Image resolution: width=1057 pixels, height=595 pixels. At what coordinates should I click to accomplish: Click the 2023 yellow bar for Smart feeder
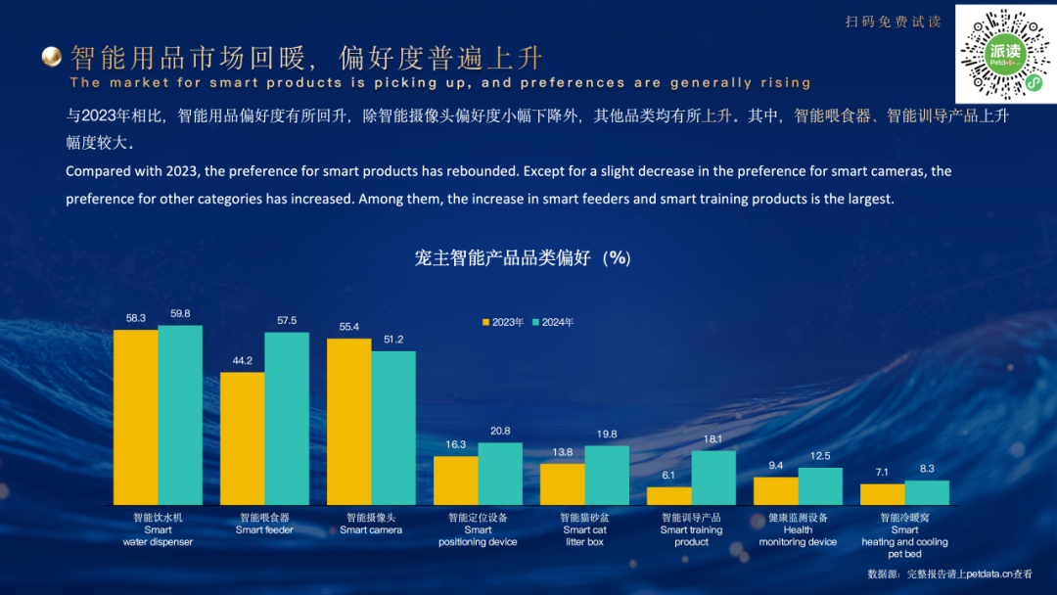(x=242, y=438)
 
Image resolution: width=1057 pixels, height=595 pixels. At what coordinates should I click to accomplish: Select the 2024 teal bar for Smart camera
(x=393, y=428)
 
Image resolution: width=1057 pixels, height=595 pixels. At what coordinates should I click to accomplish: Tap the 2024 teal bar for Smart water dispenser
(x=180, y=415)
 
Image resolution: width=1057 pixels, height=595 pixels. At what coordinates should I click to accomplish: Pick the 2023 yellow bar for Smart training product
(x=669, y=496)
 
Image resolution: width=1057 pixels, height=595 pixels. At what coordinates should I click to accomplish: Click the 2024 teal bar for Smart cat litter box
(x=607, y=475)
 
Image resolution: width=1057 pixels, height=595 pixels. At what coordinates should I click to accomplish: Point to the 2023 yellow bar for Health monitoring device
(x=775, y=490)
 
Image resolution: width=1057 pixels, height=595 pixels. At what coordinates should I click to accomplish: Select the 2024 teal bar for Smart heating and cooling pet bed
(x=927, y=492)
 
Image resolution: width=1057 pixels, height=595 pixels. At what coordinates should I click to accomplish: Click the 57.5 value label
(x=287, y=321)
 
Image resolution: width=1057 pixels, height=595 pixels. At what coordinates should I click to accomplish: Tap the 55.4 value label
(x=349, y=327)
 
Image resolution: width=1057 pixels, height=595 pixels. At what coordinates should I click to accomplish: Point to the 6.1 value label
(x=669, y=476)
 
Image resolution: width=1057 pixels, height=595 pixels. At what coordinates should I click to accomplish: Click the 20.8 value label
(x=500, y=432)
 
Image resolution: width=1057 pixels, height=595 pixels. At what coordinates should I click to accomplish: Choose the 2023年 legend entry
(x=503, y=322)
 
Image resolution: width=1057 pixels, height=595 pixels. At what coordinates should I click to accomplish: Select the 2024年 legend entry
(x=553, y=322)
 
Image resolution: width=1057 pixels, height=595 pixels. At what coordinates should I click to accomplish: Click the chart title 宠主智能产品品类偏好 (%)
(x=523, y=258)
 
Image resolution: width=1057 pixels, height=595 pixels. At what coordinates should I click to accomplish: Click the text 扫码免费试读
(x=893, y=22)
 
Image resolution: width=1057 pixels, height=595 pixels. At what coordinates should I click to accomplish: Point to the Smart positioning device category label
(x=478, y=529)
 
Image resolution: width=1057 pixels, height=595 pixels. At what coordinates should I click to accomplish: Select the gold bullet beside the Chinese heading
(x=52, y=58)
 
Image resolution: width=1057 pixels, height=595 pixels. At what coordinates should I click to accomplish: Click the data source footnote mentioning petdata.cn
(x=949, y=574)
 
